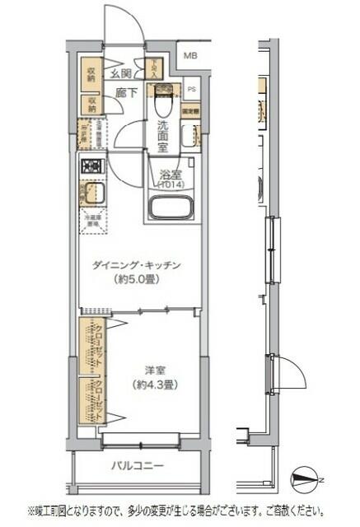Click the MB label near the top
190,56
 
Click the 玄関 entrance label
122,74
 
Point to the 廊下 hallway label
125,93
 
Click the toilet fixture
161,104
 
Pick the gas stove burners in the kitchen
90,166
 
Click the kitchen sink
90,196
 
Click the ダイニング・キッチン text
137,265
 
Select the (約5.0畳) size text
137,280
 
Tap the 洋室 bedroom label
150,369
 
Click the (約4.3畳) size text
150,384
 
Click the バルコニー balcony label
138,466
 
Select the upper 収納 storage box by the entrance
90,73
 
